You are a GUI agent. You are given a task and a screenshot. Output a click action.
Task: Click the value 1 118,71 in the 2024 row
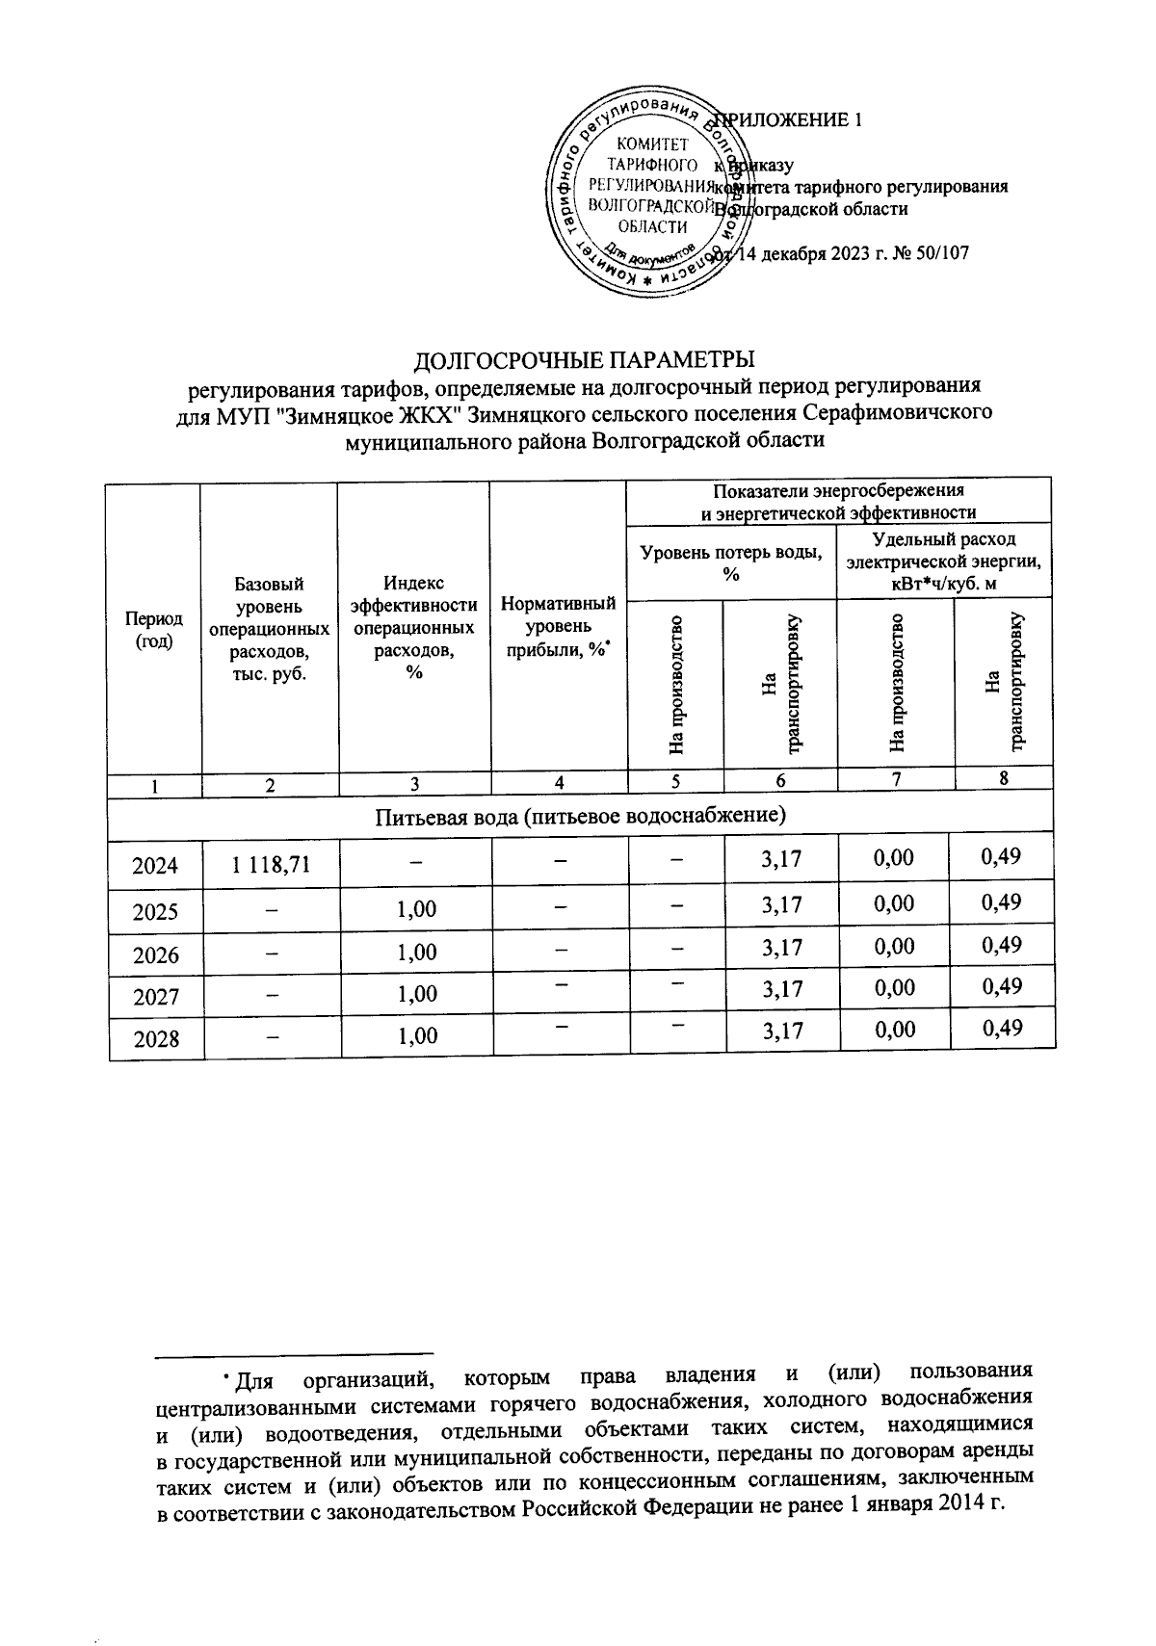(270, 864)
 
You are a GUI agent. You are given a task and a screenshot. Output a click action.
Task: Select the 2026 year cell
(155, 954)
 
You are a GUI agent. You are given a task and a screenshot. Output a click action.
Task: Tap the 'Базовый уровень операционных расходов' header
(270, 629)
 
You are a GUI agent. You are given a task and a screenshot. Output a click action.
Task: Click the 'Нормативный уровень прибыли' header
(559, 627)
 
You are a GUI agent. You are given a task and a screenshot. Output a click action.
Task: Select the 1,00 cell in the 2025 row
(416, 908)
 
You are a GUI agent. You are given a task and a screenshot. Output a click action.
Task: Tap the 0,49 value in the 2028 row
(1002, 1029)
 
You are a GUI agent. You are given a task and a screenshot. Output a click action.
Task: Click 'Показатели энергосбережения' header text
(838, 490)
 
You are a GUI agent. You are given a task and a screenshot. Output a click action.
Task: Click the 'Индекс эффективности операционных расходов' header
(414, 627)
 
